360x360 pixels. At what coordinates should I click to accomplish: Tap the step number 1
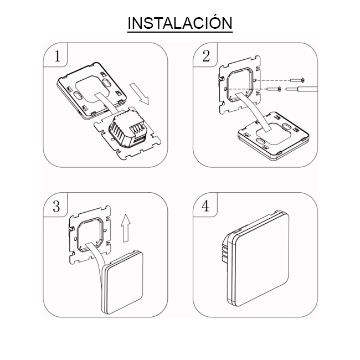[x=58, y=56]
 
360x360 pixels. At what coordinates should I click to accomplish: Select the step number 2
[x=206, y=56]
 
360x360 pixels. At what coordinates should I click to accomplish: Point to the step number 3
[x=56, y=206]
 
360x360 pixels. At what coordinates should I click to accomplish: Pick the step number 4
[x=205, y=205]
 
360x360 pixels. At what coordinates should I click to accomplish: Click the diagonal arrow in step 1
[x=140, y=94]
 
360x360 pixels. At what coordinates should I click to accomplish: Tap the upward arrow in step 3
[x=126, y=228]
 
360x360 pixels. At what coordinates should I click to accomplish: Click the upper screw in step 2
[x=297, y=80]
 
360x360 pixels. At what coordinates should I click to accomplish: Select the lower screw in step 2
[x=274, y=89]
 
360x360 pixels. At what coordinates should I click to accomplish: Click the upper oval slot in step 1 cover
[x=106, y=83]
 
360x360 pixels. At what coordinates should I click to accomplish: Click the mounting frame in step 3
[x=90, y=235]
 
